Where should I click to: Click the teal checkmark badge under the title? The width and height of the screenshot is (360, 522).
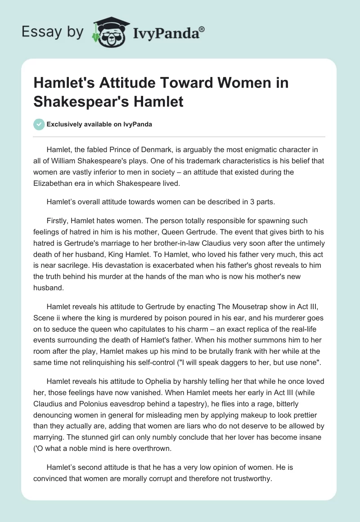tap(39, 124)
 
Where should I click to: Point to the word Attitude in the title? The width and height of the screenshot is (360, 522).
tap(142, 83)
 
